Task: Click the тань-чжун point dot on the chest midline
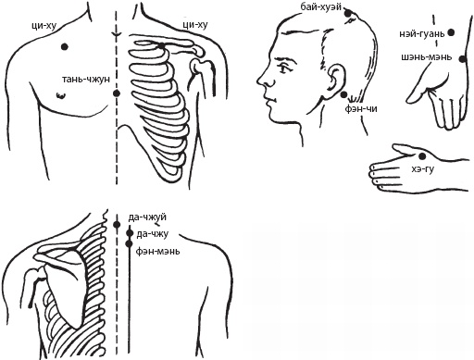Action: [x=117, y=93]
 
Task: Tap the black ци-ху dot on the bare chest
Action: [x=65, y=47]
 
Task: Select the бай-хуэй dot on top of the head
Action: [x=348, y=13]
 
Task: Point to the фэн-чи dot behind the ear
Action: [x=343, y=95]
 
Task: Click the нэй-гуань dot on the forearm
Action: [x=451, y=32]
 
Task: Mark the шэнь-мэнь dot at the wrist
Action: [x=462, y=59]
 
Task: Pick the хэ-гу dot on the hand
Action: [x=421, y=156]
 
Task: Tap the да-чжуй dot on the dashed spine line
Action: [x=117, y=225]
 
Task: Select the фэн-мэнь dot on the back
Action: [x=129, y=243]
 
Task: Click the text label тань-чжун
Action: [x=86, y=80]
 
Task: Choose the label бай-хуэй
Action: [x=321, y=6]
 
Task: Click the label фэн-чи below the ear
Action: [x=361, y=108]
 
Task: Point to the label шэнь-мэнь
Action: [x=427, y=57]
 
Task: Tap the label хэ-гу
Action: [x=423, y=168]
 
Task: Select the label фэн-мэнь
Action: [x=157, y=252]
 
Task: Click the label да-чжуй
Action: [x=147, y=217]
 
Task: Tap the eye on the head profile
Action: [x=284, y=68]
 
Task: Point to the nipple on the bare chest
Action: [x=61, y=95]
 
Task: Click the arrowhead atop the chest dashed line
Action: [x=117, y=34]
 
